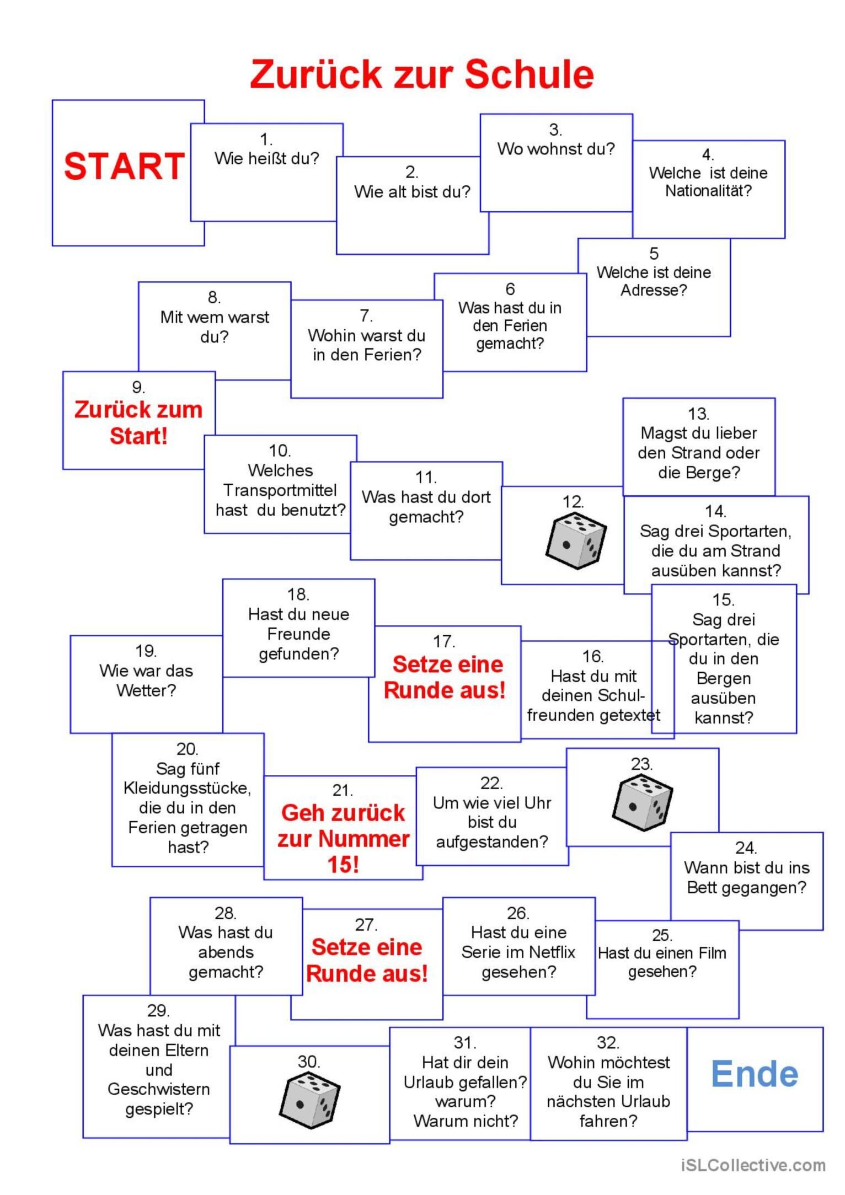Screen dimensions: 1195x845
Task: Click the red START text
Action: pos(124,167)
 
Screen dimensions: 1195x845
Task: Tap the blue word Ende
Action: pos(754,1074)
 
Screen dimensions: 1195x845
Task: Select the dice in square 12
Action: pos(575,540)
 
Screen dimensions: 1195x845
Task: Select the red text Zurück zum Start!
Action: pos(138,422)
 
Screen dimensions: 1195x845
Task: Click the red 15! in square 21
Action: pos(343,865)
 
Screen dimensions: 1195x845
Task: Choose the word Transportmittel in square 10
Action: pos(280,490)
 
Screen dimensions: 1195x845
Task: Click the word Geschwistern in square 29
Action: pos(159,1089)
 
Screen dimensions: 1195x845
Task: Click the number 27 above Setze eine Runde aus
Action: pos(366,924)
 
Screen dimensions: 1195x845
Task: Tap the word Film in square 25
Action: pos(713,953)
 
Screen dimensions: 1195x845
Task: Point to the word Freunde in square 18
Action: pos(298,634)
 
